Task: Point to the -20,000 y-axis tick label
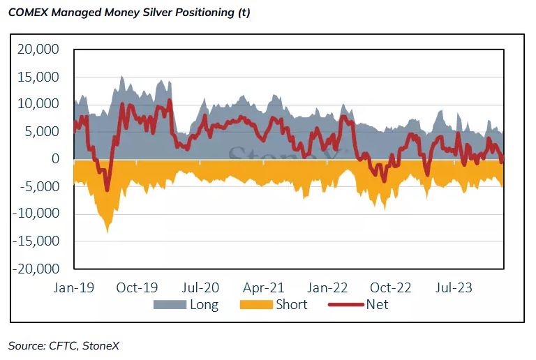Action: pos(39,269)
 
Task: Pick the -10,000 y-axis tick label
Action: pos(39,213)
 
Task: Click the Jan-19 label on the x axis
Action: pos(73,287)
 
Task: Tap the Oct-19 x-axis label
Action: pos(137,287)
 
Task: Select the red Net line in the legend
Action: pos(346,305)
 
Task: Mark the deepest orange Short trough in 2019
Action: pos(107,231)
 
